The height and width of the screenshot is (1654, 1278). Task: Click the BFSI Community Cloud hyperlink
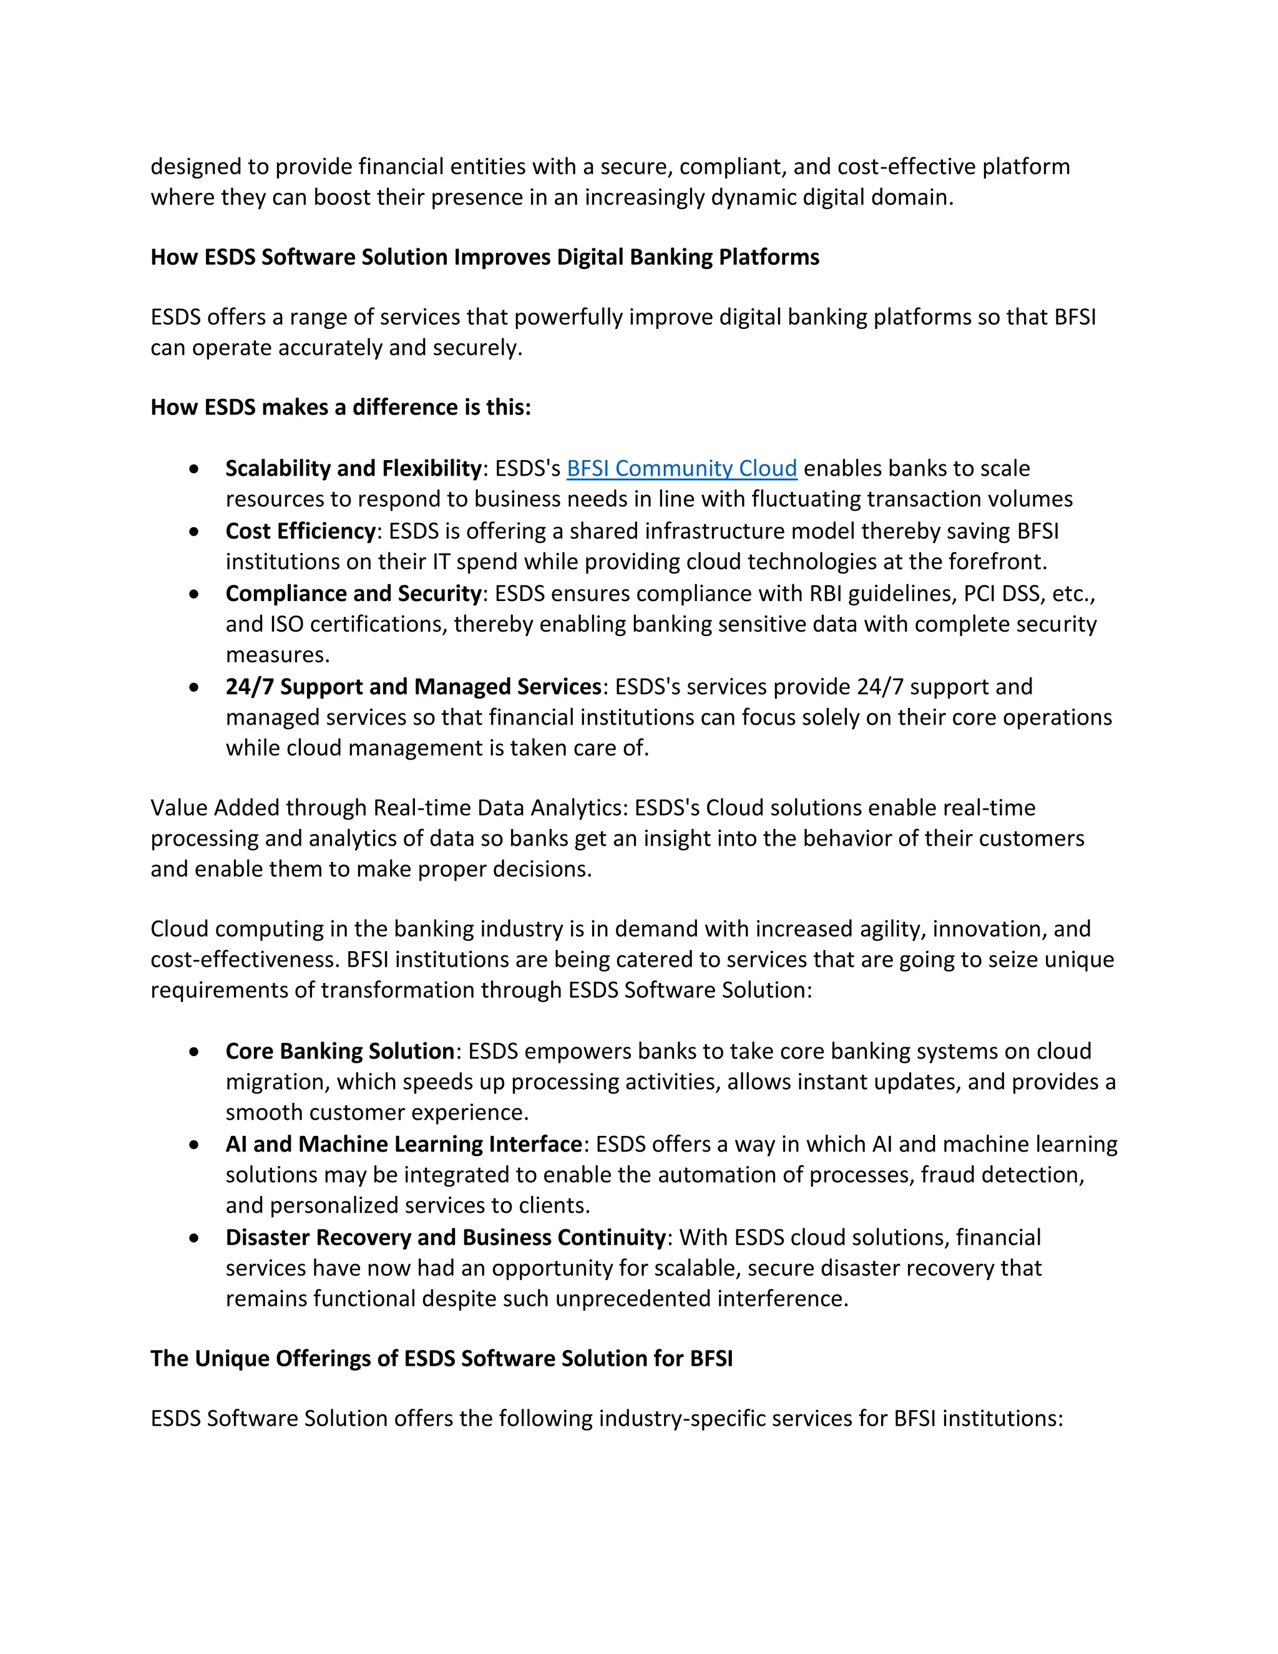[681, 469]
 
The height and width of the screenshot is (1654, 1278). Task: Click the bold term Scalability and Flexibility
[353, 469]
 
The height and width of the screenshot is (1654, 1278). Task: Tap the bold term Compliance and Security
[353, 594]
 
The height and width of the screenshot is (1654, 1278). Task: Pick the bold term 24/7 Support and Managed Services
[412, 687]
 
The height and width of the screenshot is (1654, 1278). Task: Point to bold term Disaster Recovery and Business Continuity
[445, 1238]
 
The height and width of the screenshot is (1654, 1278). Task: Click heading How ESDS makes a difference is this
[341, 408]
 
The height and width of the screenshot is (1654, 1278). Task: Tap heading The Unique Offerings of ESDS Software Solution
[441, 1359]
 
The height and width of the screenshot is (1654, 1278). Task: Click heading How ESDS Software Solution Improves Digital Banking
[484, 258]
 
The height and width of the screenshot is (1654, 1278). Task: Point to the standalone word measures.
[277, 655]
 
